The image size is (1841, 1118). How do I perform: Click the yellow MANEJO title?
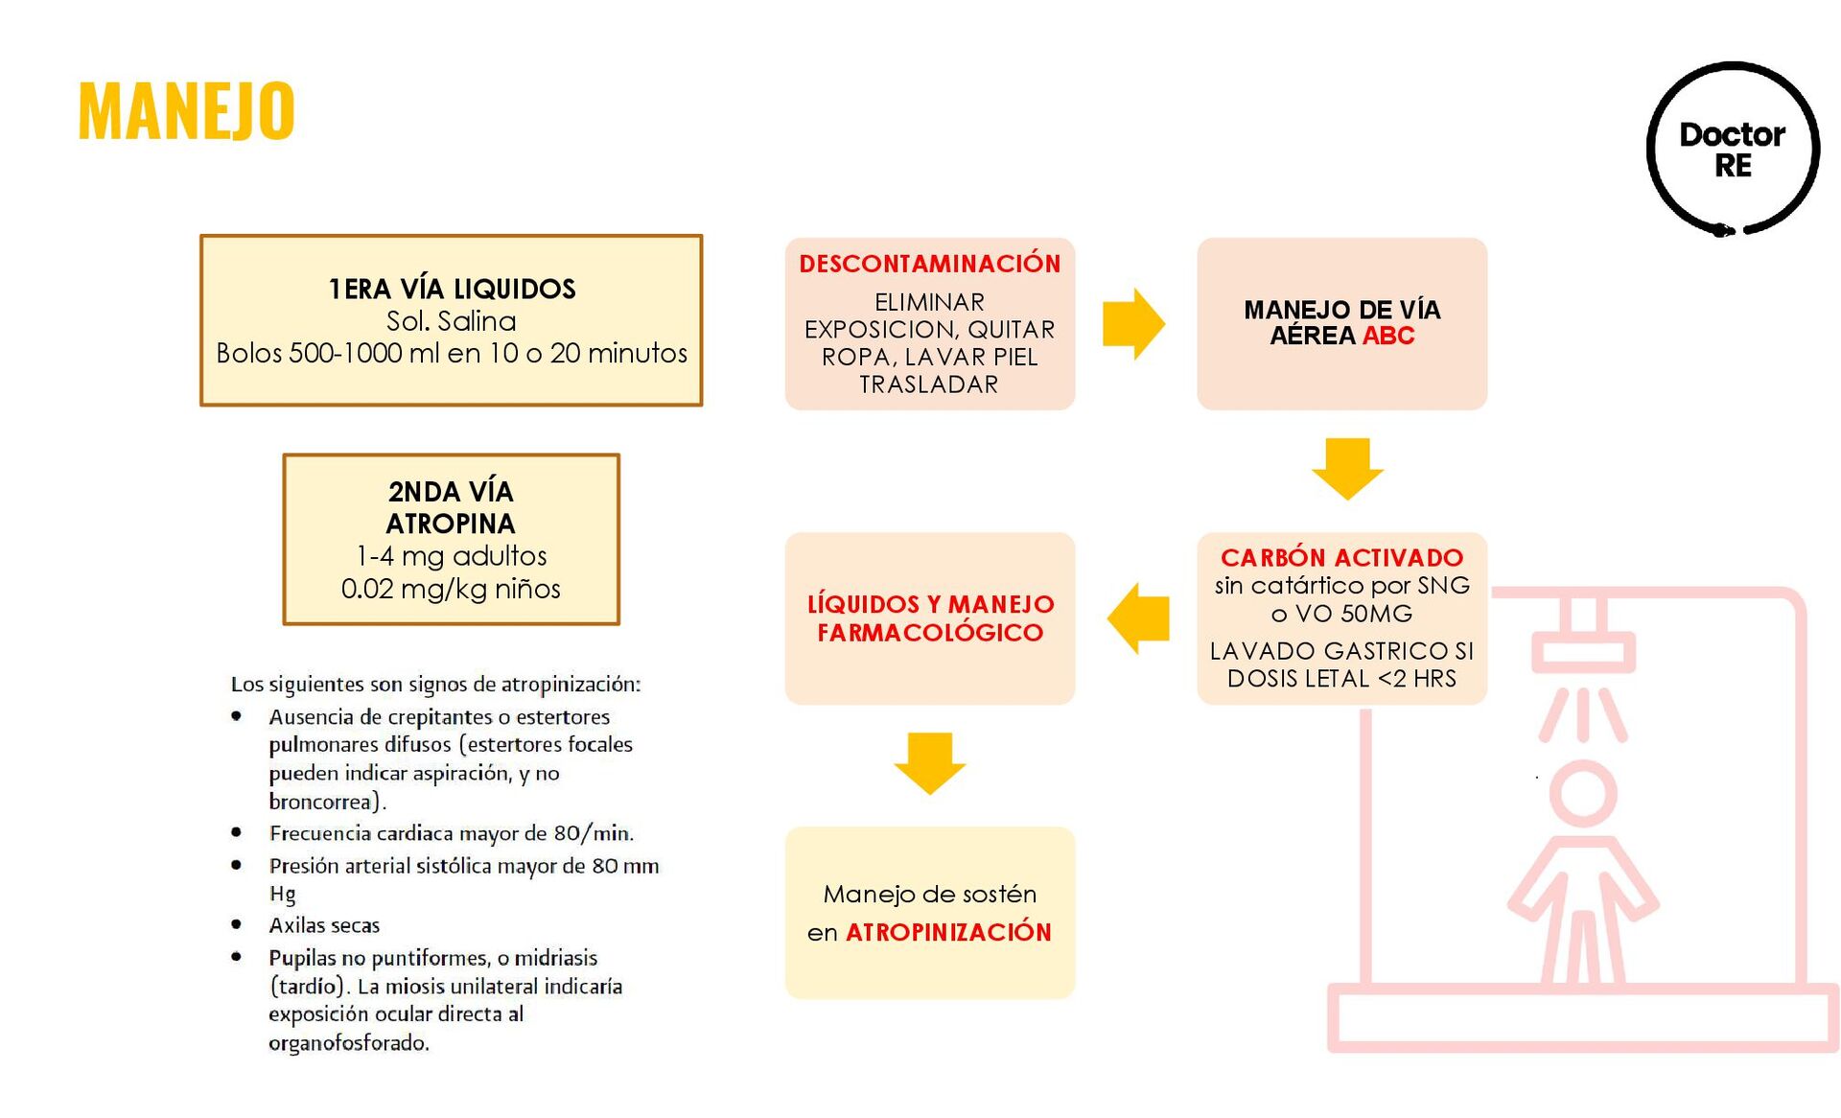(x=186, y=111)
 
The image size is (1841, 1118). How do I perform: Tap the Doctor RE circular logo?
(x=1732, y=150)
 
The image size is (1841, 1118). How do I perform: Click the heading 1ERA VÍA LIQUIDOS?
(x=452, y=289)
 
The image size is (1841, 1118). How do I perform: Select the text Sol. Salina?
(x=451, y=321)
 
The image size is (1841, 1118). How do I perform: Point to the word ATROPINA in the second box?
(x=451, y=524)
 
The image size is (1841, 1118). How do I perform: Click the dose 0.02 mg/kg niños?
(x=451, y=589)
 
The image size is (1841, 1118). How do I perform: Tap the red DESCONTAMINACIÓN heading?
(x=929, y=264)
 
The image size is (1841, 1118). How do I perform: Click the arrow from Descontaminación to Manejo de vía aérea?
(x=1133, y=324)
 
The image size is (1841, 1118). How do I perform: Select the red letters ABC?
(x=1387, y=336)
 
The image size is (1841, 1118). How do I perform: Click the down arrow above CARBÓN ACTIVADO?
(x=1346, y=468)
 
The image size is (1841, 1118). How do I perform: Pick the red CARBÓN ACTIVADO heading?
(x=1341, y=557)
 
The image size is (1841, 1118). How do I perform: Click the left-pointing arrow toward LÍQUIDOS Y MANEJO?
(x=1138, y=618)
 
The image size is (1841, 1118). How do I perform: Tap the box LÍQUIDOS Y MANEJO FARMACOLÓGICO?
(x=929, y=618)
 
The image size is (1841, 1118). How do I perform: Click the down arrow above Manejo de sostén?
(x=929, y=762)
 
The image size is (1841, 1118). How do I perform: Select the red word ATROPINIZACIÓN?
(x=948, y=932)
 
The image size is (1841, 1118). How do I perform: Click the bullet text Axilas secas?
(x=324, y=925)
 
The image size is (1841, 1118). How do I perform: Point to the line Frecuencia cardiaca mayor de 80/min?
(x=451, y=833)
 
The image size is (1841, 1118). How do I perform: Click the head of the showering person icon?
(x=1583, y=794)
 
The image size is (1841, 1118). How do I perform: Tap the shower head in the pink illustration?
(x=1583, y=651)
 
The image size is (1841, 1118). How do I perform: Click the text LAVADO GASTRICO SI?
(x=1341, y=651)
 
